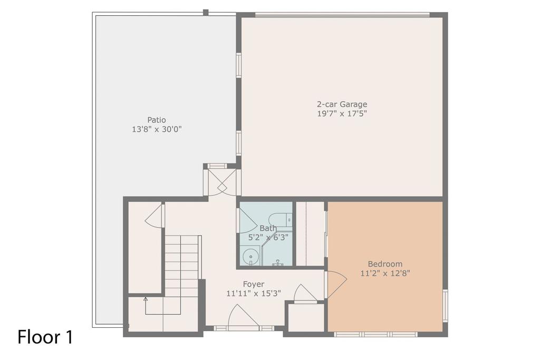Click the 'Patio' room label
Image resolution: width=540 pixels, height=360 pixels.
(156, 120)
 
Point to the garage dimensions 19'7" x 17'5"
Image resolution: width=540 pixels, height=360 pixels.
(342, 113)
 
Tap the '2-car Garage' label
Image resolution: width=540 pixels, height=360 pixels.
(342, 104)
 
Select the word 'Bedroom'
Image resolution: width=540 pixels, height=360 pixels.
(385, 264)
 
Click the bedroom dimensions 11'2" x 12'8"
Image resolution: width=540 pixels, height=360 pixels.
(385, 273)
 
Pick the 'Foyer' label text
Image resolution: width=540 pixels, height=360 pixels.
(254, 284)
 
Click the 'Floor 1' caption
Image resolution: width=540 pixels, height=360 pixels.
(45, 337)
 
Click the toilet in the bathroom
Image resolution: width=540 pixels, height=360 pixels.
(279, 219)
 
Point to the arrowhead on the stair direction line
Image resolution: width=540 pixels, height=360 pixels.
(146, 299)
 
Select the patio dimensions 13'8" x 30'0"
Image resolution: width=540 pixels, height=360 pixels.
(156, 129)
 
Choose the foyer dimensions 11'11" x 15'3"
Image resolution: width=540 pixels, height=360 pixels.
(254, 294)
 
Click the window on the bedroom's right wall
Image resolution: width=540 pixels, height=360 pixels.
(445, 306)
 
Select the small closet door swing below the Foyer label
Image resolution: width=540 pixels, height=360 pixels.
(305, 294)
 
